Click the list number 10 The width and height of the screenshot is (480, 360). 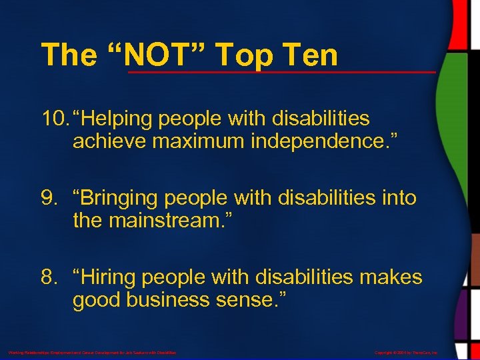53,119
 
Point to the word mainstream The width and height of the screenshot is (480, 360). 172,221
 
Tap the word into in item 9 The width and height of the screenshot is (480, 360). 398,198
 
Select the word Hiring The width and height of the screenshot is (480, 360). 104,277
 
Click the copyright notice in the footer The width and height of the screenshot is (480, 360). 406,352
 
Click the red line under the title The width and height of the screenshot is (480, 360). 281,71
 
